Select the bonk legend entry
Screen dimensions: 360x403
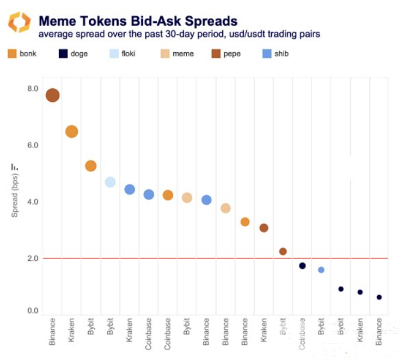[22, 54]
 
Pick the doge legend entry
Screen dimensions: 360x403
[73, 54]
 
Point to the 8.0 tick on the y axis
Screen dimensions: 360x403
[32, 89]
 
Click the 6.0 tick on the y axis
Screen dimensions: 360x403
[32, 145]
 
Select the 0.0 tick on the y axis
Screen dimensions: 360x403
[32, 311]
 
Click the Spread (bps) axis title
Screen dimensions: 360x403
[15, 191]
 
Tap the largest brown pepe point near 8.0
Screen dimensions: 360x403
[52, 95]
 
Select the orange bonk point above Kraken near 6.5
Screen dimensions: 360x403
[71, 131]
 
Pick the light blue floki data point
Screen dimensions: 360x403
[110, 182]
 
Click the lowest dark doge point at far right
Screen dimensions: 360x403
[379, 297]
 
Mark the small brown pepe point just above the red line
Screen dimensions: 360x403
[283, 252]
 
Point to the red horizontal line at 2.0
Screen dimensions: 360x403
[218, 258]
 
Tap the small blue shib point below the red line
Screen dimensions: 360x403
[321, 270]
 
